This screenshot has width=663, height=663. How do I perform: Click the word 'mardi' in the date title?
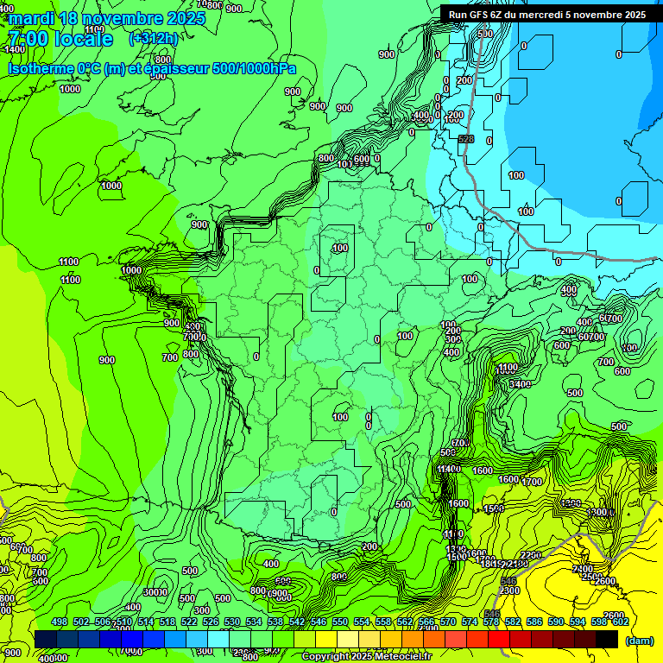[x=32, y=18]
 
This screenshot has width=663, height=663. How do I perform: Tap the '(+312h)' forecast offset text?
[x=154, y=38]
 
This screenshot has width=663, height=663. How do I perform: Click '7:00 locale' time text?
[x=60, y=39]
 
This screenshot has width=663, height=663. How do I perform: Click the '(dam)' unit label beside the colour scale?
[x=639, y=641]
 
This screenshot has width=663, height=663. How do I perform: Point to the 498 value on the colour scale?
[x=60, y=622]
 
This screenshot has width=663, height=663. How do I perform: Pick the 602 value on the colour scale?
[x=620, y=622]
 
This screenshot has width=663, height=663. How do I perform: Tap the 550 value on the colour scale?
[x=340, y=622]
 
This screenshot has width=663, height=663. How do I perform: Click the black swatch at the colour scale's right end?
[x=607, y=639]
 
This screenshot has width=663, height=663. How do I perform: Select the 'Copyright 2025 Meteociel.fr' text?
[x=366, y=657]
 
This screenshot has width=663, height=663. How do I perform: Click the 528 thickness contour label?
[x=466, y=139]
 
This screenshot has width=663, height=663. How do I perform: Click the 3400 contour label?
[x=520, y=383]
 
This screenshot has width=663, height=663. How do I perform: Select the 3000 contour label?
[x=155, y=592]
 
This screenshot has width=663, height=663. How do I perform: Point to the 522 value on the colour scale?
[x=189, y=622]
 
